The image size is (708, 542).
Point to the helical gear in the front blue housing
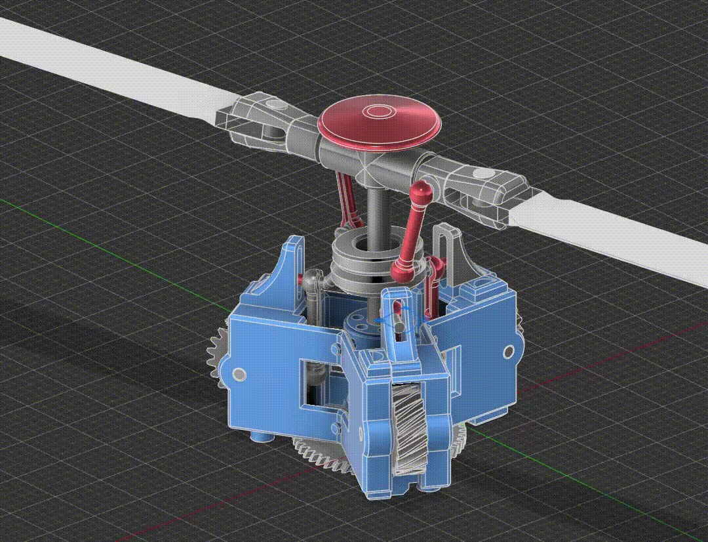(x=410, y=427)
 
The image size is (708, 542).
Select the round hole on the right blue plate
(x=508, y=352)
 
